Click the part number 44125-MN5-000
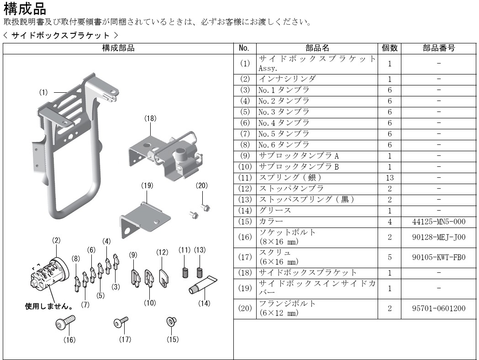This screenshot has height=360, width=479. tap(438, 222)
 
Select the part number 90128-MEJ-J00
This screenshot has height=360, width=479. tap(438, 237)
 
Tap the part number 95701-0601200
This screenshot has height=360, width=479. tap(438, 308)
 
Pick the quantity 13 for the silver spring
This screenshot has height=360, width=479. tap(390, 178)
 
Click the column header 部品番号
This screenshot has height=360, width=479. tap(438, 48)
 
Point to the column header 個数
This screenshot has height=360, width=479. tap(390, 48)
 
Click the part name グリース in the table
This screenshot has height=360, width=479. tap(275, 211)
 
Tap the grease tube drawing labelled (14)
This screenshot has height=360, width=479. tap(202, 285)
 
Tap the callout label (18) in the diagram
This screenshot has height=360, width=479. tap(150, 118)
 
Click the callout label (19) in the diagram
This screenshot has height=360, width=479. tap(147, 185)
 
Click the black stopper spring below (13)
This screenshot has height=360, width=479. tap(200, 271)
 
